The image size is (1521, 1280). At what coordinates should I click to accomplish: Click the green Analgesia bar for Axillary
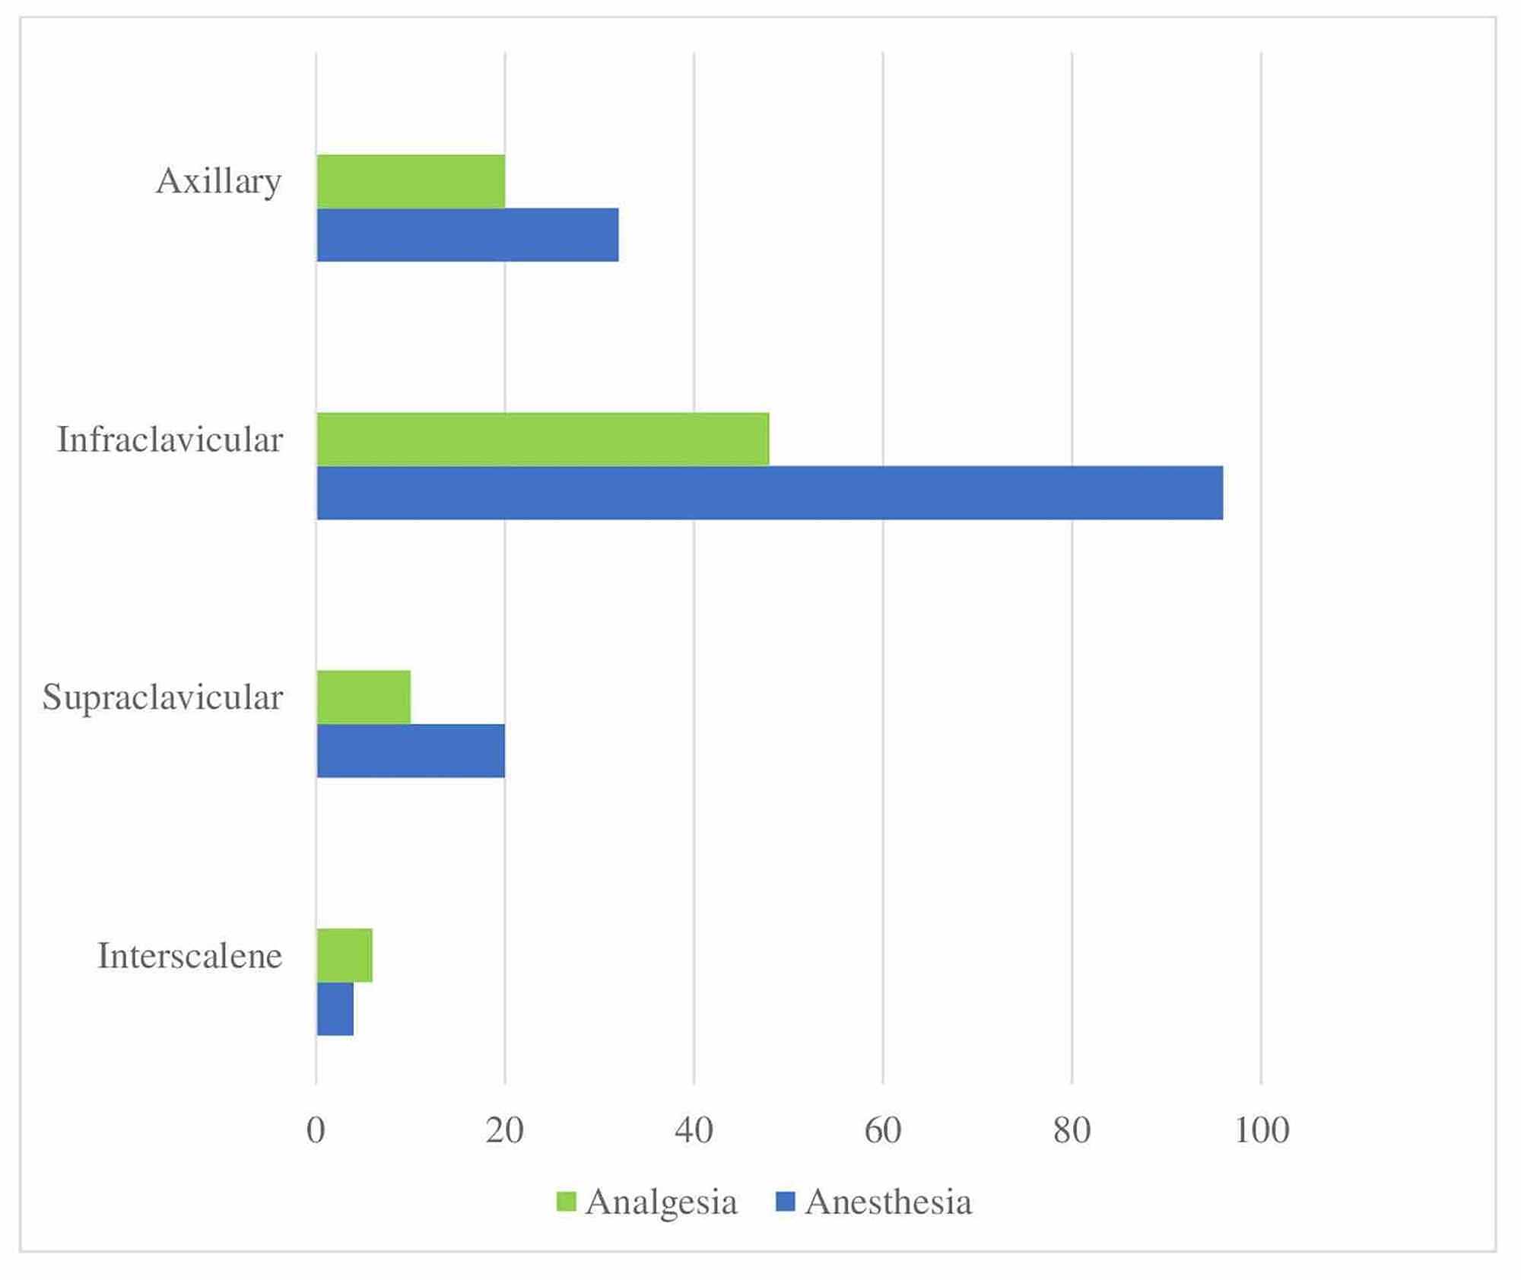[x=411, y=181]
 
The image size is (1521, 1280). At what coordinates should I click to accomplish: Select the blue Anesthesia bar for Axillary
[x=467, y=235]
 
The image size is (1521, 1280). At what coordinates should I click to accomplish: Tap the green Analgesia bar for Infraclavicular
[x=542, y=439]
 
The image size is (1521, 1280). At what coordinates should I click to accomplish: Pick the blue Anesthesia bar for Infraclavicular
[x=770, y=493]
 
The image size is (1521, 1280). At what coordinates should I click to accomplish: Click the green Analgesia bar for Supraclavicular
[x=364, y=697]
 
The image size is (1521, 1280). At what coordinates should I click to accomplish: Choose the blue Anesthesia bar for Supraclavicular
[x=411, y=751]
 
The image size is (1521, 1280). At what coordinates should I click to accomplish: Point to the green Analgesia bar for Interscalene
[x=345, y=955]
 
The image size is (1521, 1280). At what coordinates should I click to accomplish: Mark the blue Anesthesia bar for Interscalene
[x=335, y=1009]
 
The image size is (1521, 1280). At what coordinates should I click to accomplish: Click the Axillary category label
[x=218, y=182]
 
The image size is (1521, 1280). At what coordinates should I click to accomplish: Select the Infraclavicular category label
[x=170, y=440]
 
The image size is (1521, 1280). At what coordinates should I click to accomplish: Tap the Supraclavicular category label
[x=162, y=697]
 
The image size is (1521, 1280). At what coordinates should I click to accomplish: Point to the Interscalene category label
[x=189, y=956]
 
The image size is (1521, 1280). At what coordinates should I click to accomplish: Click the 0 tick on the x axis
[x=316, y=1131]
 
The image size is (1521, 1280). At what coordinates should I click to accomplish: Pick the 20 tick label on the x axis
[x=504, y=1131]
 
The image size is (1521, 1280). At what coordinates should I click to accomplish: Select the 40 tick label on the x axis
[x=694, y=1131]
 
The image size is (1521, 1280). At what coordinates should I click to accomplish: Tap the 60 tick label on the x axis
[x=883, y=1131]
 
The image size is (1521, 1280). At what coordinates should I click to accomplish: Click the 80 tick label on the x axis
[x=1072, y=1131]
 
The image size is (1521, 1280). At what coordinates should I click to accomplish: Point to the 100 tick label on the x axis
[x=1262, y=1131]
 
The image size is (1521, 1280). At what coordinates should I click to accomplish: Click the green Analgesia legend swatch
[x=567, y=1202]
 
